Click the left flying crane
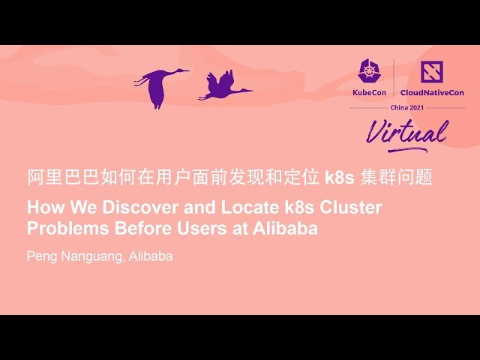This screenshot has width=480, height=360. pyautogui.click(x=159, y=85)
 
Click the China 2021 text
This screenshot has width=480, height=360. pyautogui.click(x=407, y=107)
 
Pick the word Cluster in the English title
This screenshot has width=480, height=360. pyautogui.click(x=351, y=207)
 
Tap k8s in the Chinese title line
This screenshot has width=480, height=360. pyautogui.click(x=338, y=178)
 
